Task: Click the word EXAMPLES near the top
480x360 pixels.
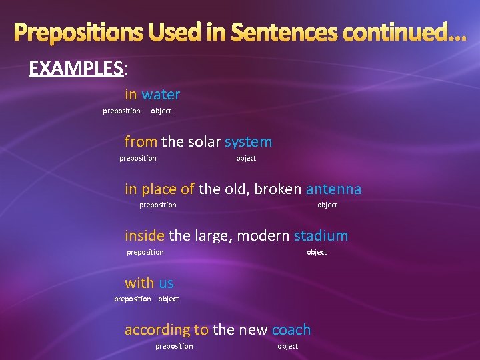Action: (x=75, y=68)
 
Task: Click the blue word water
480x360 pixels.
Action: (x=161, y=95)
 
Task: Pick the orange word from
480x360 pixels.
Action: (x=141, y=141)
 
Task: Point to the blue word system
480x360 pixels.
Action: (x=248, y=141)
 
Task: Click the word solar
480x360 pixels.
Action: (x=204, y=141)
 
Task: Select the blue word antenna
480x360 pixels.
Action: (x=333, y=189)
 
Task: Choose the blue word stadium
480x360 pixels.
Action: (x=321, y=235)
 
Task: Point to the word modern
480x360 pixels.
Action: (x=263, y=235)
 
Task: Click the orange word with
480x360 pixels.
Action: (x=139, y=283)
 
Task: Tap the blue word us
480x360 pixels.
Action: (x=166, y=283)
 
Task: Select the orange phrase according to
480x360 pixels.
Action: (x=167, y=329)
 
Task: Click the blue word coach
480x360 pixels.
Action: (x=291, y=329)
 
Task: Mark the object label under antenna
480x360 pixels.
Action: (x=327, y=205)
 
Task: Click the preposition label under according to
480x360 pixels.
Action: (x=174, y=346)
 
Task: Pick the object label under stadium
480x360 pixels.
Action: (x=317, y=252)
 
